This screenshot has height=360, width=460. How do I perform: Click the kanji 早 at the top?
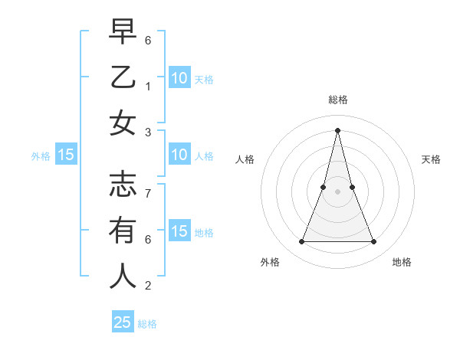[123, 31]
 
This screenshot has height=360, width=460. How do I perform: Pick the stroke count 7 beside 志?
[148, 186]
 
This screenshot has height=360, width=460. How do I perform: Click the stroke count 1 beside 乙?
[148, 87]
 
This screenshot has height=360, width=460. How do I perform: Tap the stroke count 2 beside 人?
[148, 286]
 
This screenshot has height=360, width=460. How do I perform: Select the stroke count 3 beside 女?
[148, 133]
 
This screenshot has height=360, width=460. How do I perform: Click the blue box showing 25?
[123, 322]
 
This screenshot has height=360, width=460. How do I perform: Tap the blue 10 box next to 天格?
[179, 77]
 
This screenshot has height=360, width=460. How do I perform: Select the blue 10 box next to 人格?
[179, 155]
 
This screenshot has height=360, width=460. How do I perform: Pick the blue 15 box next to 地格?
[179, 231]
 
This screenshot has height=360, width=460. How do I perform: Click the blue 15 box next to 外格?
[66, 155]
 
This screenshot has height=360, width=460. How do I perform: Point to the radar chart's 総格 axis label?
[338, 100]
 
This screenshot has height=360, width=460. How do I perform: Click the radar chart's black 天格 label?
[432, 159]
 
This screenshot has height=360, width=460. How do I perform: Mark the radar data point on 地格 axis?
[374, 242]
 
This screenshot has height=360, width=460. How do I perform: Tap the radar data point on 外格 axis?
[301, 242]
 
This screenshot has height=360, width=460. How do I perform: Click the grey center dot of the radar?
[337, 191]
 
